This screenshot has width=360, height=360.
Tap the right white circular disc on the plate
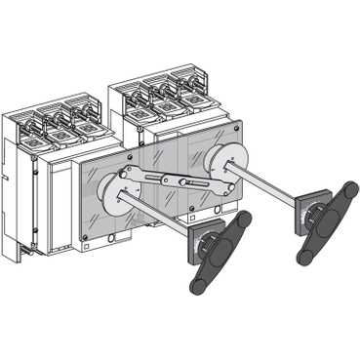click(227, 161)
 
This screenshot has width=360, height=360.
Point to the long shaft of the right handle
click(269, 190)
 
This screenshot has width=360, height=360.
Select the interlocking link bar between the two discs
click(176, 180)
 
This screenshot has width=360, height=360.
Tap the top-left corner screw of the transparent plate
click(79, 160)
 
